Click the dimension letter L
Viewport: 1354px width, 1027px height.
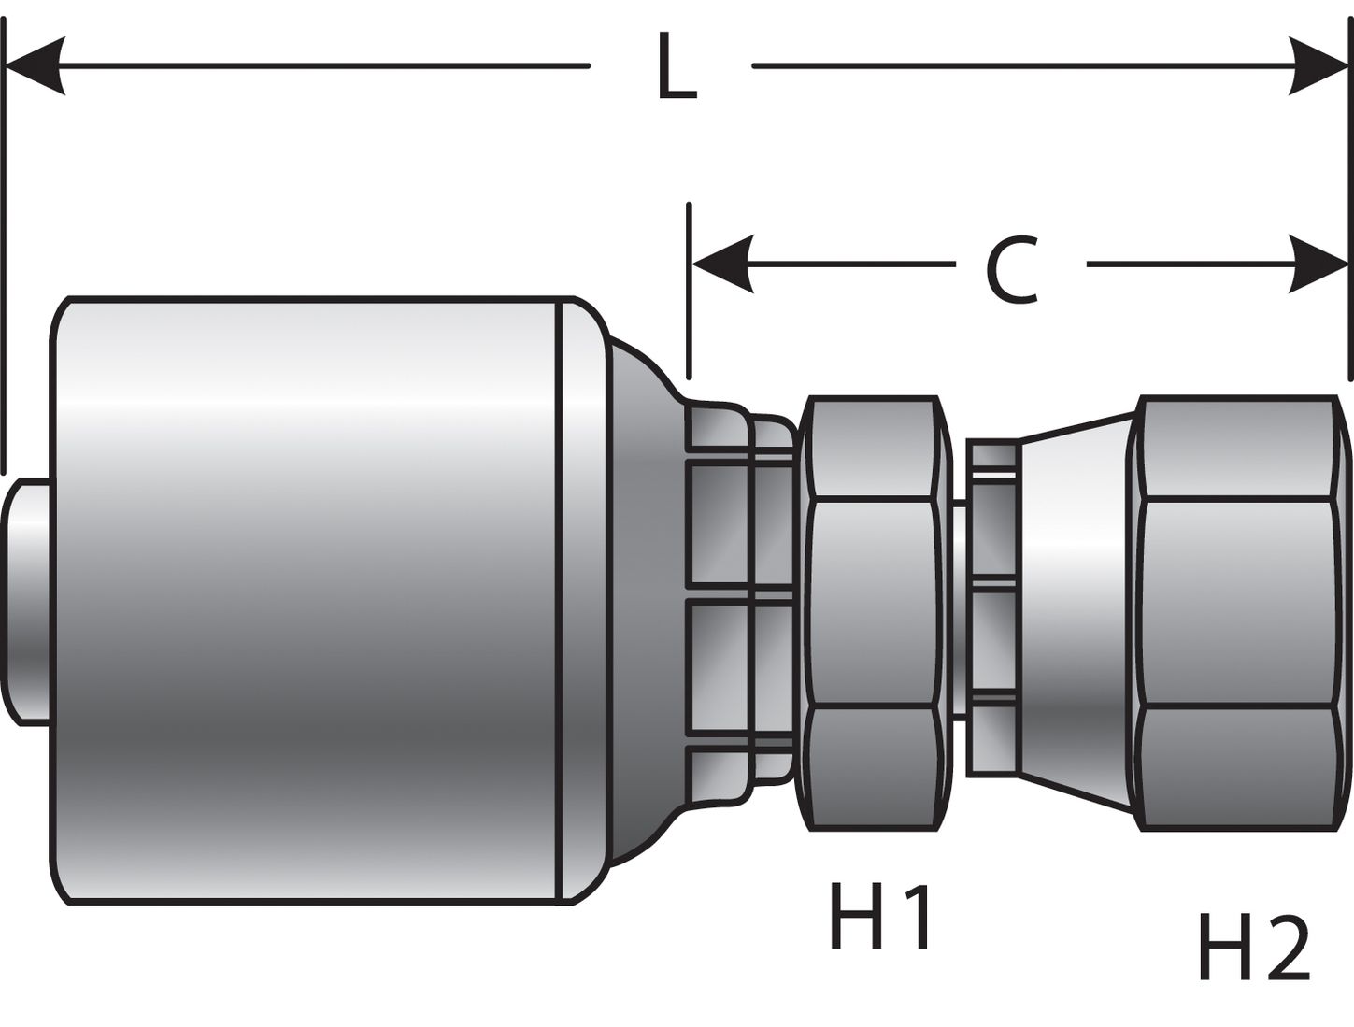677,67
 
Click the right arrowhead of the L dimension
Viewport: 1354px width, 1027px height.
1318,66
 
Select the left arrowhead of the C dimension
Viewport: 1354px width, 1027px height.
721,264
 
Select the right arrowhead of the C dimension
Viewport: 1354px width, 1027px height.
1318,264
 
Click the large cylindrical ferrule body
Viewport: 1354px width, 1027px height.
308,598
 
